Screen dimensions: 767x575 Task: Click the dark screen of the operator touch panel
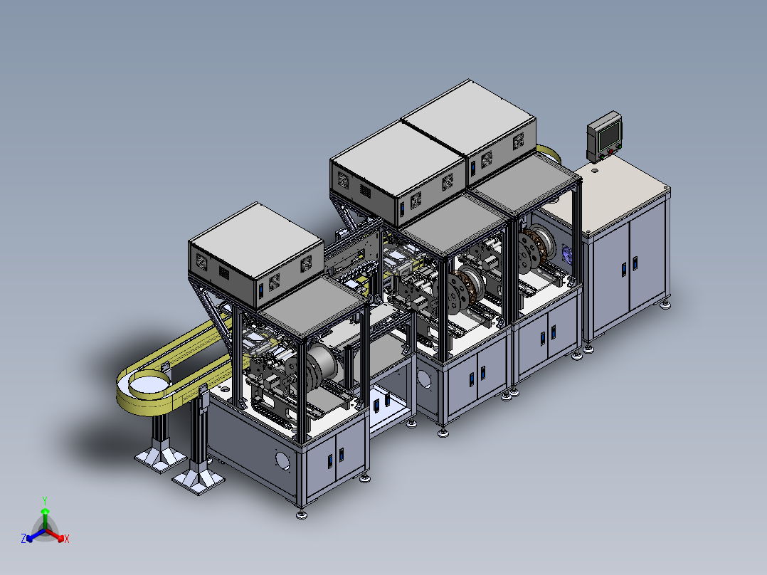pyautogui.click(x=609, y=135)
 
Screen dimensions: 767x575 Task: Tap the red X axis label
pyautogui.click(x=67, y=539)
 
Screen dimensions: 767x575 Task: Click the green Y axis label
pyautogui.click(x=45, y=500)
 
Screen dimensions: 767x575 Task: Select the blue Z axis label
pyautogui.click(x=23, y=538)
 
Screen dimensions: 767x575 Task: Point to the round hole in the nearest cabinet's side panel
pyautogui.click(x=282, y=460)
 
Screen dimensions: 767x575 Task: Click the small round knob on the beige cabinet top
pyautogui.click(x=595, y=170)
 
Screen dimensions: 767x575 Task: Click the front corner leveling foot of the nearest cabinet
pyautogui.click(x=302, y=515)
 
